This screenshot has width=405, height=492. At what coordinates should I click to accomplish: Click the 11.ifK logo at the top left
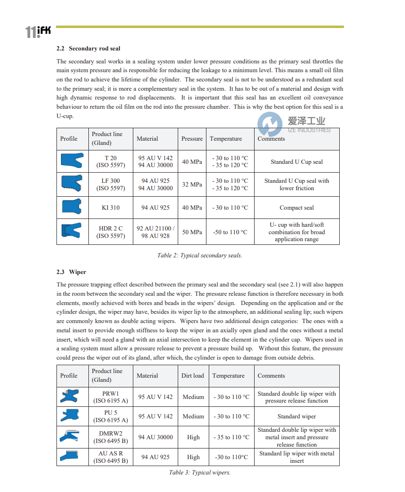pos(38,31)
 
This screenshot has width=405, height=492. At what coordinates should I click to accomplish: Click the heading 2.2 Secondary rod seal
pos(88,49)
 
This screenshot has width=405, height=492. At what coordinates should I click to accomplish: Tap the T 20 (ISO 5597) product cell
pos(111,162)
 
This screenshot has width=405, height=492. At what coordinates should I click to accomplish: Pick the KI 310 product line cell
pos(111,208)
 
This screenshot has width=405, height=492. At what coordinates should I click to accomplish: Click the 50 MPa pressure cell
pos(192,232)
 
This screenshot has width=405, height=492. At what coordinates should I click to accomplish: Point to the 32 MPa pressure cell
pos(192,184)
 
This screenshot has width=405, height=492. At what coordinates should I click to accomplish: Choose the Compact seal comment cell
pos(297,208)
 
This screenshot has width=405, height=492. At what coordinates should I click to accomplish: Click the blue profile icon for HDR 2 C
pos(71,230)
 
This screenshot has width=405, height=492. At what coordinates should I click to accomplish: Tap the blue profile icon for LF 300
pos(71,184)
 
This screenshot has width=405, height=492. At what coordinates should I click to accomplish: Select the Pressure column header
pos(192,139)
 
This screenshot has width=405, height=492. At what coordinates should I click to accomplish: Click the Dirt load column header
pos(193,376)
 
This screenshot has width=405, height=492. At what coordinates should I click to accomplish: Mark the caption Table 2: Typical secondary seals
pos(199,255)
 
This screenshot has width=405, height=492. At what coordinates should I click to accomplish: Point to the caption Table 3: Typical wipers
pos(199,473)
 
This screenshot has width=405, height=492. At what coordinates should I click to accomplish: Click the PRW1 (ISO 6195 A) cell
pos(111,397)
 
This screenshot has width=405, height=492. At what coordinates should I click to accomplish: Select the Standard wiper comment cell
pos(297,417)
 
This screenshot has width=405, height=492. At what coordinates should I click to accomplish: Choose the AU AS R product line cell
pos(111,457)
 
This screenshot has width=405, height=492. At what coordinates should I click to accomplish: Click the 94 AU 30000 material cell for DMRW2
pos(156,437)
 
